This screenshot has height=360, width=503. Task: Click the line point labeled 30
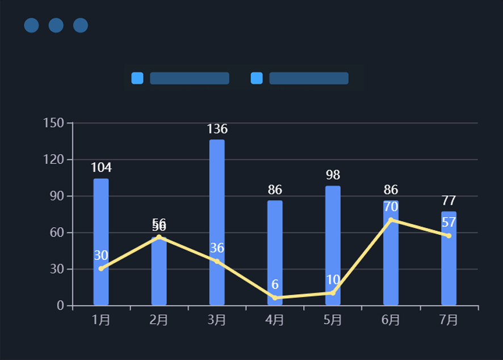pyautogui.click(x=101, y=269)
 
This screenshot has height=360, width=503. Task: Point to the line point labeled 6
pyautogui.click(x=275, y=298)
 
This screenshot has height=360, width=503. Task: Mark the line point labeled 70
pyautogui.click(x=391, y=220)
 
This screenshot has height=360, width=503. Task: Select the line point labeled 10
pyautogui.click(x=333, y=293)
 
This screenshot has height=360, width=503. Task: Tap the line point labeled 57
pyautogui.click(x=448, y=236)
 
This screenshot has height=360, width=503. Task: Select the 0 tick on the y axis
pyautogui.click(x=61, y=305)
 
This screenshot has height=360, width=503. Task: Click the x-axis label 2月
pyautogui.click(x=159, y=320)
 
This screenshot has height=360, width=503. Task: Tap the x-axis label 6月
pyautogui.click(x=391, y=320)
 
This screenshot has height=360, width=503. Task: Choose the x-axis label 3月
pyautogui.click(x=217, y=320)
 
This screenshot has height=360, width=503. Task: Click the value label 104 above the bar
pyautogui.click(x=101, y=168)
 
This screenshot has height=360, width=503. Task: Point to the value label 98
pyautogui.click(x=333, y=175)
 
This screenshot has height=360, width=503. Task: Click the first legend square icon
pyautogui.click(x=137, y=78)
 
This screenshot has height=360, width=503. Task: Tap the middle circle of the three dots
pyautogui.click(x=56, y=26)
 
